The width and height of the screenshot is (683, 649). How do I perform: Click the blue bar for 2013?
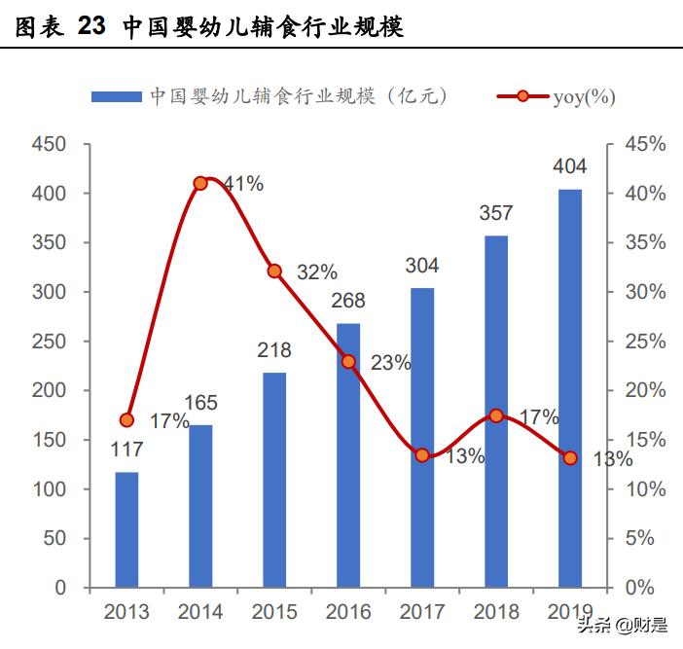point(126,529)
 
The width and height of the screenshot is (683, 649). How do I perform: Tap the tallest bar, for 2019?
point(570,388)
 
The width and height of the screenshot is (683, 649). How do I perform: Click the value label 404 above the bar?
point(569,167)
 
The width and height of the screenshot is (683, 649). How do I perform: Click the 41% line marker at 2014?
point(200,183)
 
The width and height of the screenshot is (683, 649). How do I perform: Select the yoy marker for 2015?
point(274,271)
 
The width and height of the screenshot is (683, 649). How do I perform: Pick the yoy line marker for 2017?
point(422,455)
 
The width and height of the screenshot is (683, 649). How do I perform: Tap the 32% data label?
point(316,272)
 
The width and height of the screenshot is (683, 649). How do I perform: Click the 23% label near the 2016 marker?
point(390,364)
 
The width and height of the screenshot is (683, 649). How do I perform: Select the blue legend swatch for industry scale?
point(116,96)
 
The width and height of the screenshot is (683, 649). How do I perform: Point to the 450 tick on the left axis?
point(48,145)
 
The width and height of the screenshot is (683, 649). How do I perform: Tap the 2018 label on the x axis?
point(496,612)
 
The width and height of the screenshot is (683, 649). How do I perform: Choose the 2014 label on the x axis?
point(200,612)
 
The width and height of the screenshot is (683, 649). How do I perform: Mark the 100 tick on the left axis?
point(48,489)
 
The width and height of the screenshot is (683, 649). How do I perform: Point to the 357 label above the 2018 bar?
point(496,213)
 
